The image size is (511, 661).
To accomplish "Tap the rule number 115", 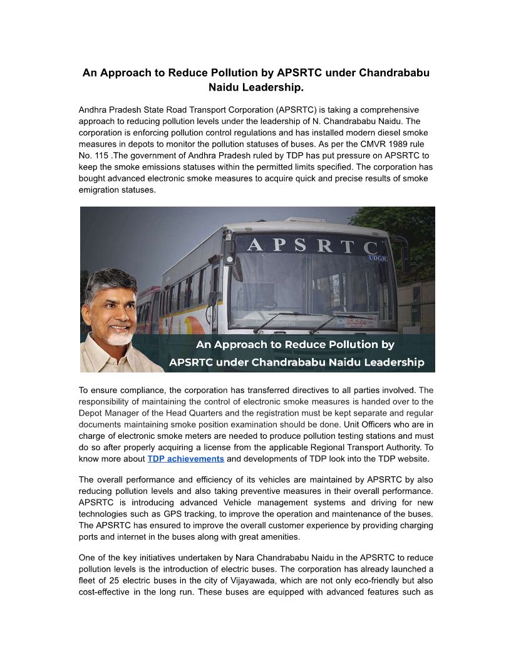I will (x=100, y=155).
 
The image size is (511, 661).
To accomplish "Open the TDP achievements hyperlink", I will (x=185, y=459).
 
